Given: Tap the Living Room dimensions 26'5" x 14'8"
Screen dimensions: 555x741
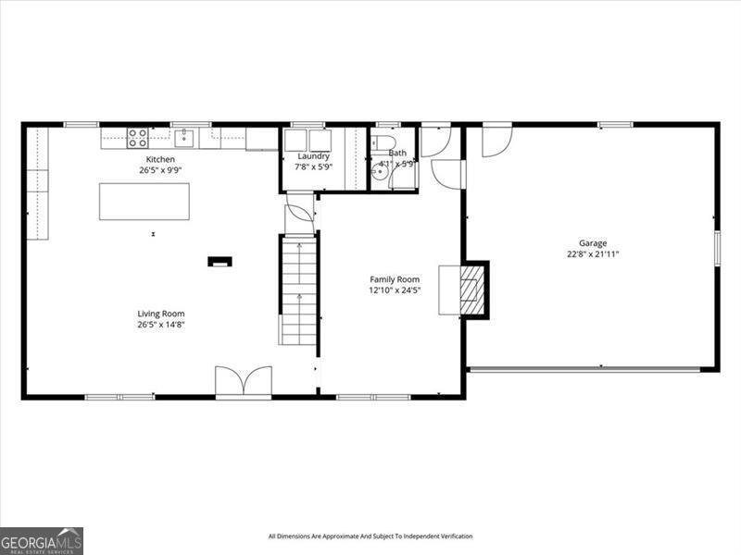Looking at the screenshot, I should point(161,325).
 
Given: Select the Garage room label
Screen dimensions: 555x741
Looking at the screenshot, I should point(593,243).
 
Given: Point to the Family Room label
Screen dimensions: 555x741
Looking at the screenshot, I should point(395,279).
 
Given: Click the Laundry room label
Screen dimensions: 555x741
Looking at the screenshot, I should point(312,156).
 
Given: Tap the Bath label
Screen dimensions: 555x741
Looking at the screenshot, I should point(396,154).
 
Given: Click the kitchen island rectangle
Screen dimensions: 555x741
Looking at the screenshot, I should point(144,201).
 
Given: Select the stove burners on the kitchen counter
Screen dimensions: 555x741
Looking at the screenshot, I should point(137,138).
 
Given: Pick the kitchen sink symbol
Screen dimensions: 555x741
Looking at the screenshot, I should point(184,138).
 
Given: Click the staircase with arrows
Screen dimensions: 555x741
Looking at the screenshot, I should point(298,290).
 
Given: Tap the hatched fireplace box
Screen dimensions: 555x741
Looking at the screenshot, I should point(473,289).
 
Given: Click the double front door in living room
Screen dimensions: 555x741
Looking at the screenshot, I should point(244,381).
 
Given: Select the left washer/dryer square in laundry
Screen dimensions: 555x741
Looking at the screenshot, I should point(296,141).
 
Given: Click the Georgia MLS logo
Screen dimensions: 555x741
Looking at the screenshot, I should point(42,540).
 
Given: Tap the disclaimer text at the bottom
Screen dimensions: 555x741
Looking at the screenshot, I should point(370,536).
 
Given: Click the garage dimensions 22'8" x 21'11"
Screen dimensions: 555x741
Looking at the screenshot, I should point(593,253).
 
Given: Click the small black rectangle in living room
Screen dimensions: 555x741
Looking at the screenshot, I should point(220,262).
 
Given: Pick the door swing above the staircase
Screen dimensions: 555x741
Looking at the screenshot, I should point(299,215).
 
